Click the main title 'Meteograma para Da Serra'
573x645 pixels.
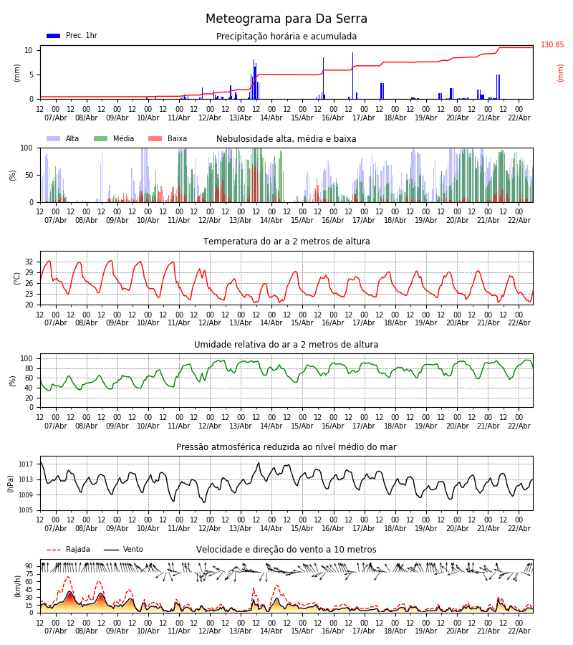pyautogui.click(x=286, y=19)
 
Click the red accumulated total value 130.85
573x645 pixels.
pyautogui.click(x=552, y=45)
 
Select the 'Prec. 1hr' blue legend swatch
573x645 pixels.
pyautogui.click(x=54, y=36)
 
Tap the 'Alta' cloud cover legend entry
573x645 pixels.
pyautogui.click(x=63, y=138)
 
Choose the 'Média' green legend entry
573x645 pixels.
pyautogui.click(x=114, y=138)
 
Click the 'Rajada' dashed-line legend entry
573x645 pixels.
pyautogui.click(x=68, y=549)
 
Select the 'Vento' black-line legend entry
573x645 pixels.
pyautogui.click(x=123, y=549)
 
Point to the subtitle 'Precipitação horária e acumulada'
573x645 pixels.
pyautogui.click(x=286, y=37)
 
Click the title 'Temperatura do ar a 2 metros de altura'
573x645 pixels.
pyautogui.click(x=286, y=242)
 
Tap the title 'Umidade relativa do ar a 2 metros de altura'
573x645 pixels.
pyautogui.click(x=286, y=344)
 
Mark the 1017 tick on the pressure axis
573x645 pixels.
pyautogui.click(x=26, y=464)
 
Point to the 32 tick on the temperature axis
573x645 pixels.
pyautogui.click(x=29, y=262)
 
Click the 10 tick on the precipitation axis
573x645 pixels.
pyautogui.click(x=29, y=51)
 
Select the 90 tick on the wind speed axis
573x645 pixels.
pyautogui.click(x=29, y=566)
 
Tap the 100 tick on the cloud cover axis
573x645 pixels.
pyautogui.click(x=27, y=148)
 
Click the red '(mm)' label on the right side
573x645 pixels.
pyautogui.click(x=560, y=73)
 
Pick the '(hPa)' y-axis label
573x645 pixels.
pyautogui.click(x=10, y=484)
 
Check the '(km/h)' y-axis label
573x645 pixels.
pyautogui.click(x=17, y=586)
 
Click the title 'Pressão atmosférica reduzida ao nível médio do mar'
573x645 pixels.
pyautogui.click(x=286, y=447)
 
